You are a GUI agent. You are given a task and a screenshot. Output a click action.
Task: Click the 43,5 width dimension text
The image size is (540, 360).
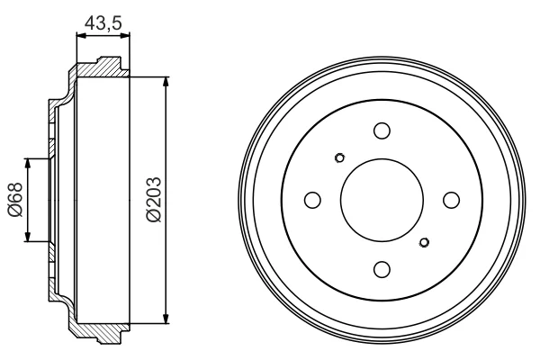(103, 23)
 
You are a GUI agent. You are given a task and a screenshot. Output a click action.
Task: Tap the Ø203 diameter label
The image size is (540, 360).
(154, 200)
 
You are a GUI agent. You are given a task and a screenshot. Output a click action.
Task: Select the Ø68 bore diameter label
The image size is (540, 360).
(15, 200)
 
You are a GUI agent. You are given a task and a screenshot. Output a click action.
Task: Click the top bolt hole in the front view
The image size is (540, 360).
(382, 130)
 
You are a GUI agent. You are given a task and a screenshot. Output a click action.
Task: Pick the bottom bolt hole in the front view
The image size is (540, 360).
(382, 269)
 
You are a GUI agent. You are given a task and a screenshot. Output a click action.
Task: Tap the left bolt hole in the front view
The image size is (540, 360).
(312, 200)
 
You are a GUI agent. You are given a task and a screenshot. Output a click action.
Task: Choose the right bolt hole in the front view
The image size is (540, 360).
(451, 200)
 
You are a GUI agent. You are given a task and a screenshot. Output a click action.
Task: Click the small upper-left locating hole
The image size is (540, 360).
(339, 157)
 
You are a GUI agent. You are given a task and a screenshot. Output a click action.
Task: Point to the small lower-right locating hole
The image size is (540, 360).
(424, 242)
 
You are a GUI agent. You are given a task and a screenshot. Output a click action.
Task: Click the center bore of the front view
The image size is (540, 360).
(382, 200)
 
